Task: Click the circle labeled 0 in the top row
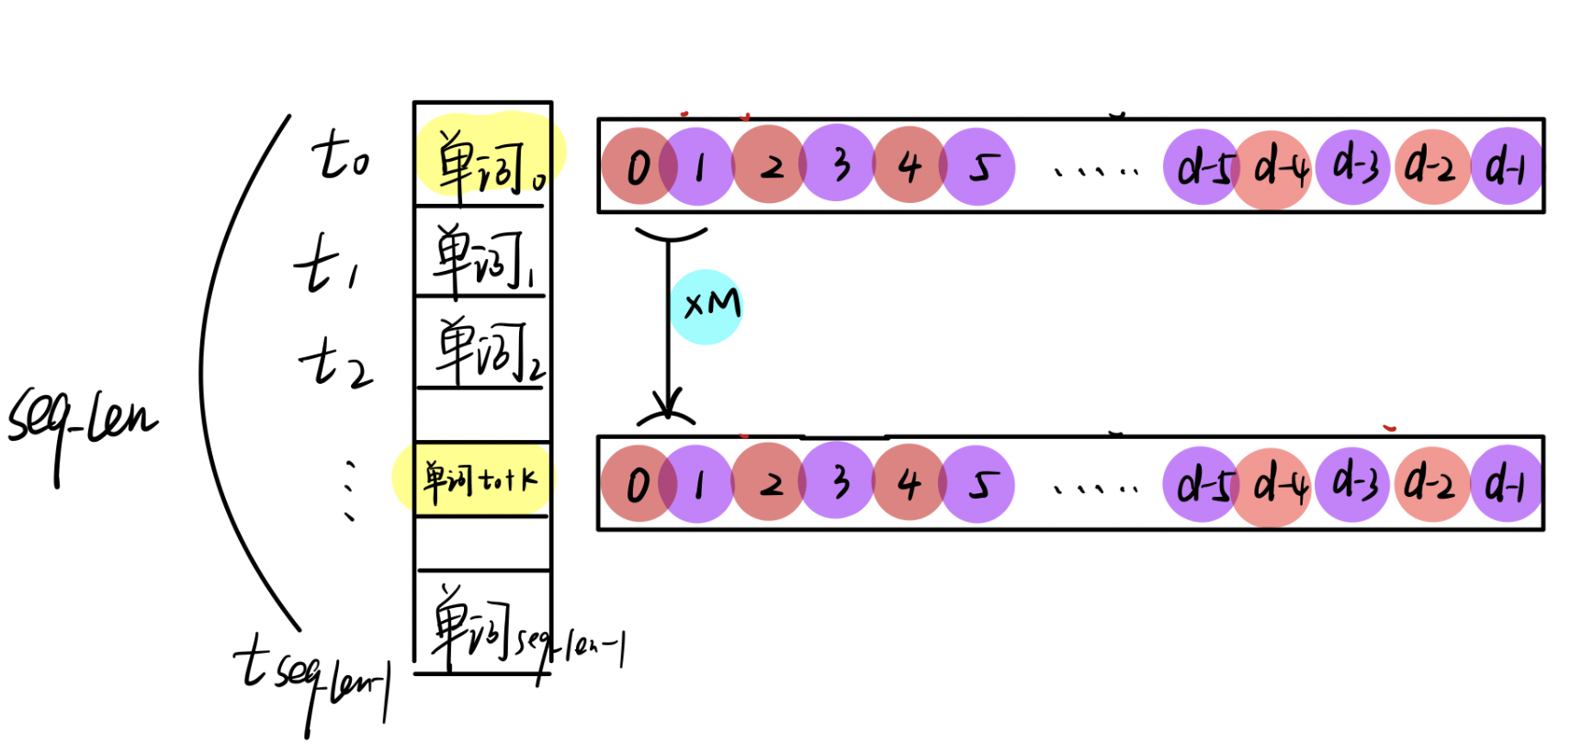638,166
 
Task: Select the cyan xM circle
706,306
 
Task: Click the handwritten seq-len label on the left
83,423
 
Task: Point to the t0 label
340,156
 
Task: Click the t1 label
326,265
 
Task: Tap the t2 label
336,363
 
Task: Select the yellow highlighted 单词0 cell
485,156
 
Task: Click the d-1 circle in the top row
1507,166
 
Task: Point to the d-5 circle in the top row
1202,166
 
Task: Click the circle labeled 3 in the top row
839,164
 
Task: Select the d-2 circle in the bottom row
1431,484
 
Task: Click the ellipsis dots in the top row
1096,171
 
